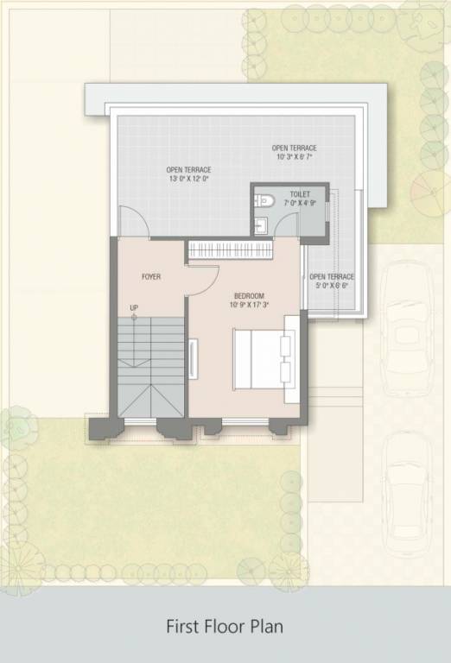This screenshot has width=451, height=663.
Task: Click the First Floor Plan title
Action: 225,625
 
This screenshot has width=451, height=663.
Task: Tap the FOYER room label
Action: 151,276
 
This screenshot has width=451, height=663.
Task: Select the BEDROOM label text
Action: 249,296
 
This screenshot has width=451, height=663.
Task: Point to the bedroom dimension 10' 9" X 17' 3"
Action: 249,305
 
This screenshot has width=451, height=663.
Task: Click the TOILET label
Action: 300,195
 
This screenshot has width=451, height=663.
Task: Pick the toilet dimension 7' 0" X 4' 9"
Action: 300,204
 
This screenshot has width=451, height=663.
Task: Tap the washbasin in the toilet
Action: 262,226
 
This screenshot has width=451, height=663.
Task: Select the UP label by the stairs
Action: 134,307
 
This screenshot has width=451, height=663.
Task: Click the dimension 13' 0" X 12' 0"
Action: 188,180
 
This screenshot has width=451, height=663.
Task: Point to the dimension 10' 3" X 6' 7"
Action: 295,157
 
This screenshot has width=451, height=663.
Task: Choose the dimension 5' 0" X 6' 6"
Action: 332,286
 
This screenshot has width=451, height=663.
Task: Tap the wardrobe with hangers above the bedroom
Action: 231,249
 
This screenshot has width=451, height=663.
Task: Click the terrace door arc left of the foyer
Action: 133,222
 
